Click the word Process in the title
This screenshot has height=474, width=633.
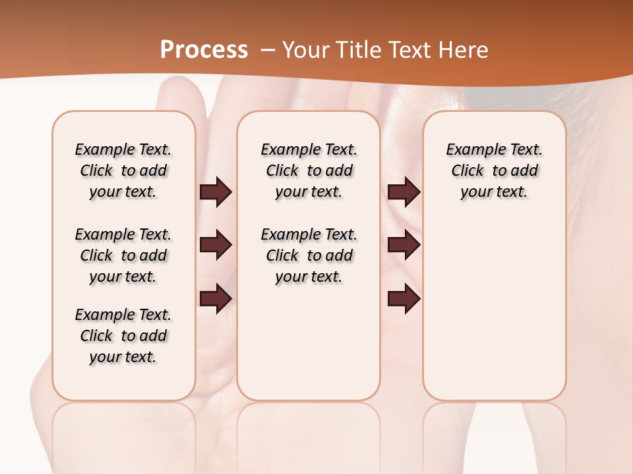(x=204, y=50)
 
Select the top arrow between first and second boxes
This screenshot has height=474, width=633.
(x=216, y=192)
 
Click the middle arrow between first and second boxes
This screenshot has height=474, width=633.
(x=216, y=245)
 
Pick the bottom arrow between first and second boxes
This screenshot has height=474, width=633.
(x=216, y=298)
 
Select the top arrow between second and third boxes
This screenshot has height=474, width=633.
(x=404, y=192)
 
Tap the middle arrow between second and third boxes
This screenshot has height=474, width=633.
(x=404, y=245)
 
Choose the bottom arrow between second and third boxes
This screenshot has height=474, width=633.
(x=404, y=298)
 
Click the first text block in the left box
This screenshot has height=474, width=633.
(x=123, y=171)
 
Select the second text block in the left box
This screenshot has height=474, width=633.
(x=123, y=255)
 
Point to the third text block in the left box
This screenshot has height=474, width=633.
(x=123, y=336)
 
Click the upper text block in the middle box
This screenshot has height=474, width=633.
(x=309, y=171)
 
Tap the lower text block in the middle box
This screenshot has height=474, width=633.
(x=309, y=255)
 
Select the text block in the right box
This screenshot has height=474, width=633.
(x=494, y=171)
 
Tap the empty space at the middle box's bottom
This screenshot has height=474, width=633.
(x=309, y=349)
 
